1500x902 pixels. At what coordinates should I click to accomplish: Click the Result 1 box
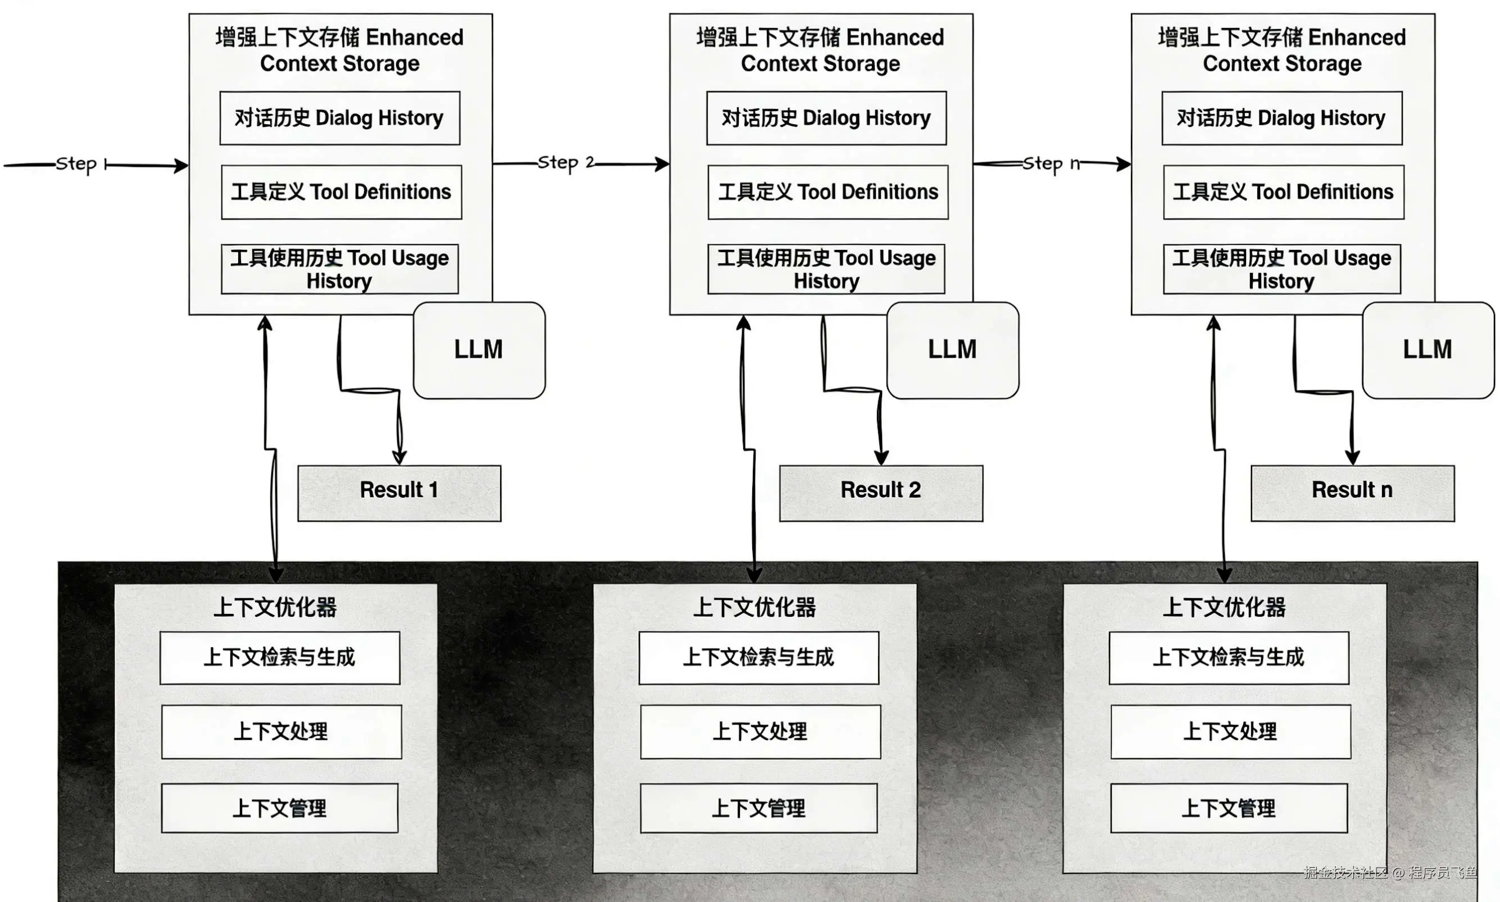tap(399, 493)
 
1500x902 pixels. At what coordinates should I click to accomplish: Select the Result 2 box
tap(881, 493)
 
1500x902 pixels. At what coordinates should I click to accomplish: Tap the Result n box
tap(1352, 493)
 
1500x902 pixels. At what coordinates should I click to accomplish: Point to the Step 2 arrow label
tap(565, 163)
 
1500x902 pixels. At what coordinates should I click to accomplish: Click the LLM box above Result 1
tap(479, 350)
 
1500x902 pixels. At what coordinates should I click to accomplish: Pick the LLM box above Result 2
tap(952, 350)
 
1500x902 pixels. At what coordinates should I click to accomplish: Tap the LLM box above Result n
tap(1428, 350)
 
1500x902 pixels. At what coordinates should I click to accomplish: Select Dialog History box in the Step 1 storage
tap(340, 118)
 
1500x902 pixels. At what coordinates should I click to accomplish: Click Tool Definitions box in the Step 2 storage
tap(828, 192)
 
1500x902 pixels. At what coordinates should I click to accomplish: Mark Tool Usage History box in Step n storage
tap(1282, 269)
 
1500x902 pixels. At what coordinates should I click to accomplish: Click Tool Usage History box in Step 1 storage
tap(340, 269)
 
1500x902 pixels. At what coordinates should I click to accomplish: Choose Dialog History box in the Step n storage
tap(1282, 118)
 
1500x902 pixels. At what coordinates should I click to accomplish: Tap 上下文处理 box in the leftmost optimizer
tap(281, 732)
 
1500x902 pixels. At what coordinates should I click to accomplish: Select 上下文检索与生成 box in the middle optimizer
tap(758, 658)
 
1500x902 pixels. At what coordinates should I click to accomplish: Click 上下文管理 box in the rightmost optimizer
tap(1229, 808)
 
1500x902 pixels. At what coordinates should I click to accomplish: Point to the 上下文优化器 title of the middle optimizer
tap(754, 607)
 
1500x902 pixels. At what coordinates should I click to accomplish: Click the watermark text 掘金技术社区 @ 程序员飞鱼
tap(1390, 873)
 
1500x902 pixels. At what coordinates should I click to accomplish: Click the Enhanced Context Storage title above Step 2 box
tap(820, 51)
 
